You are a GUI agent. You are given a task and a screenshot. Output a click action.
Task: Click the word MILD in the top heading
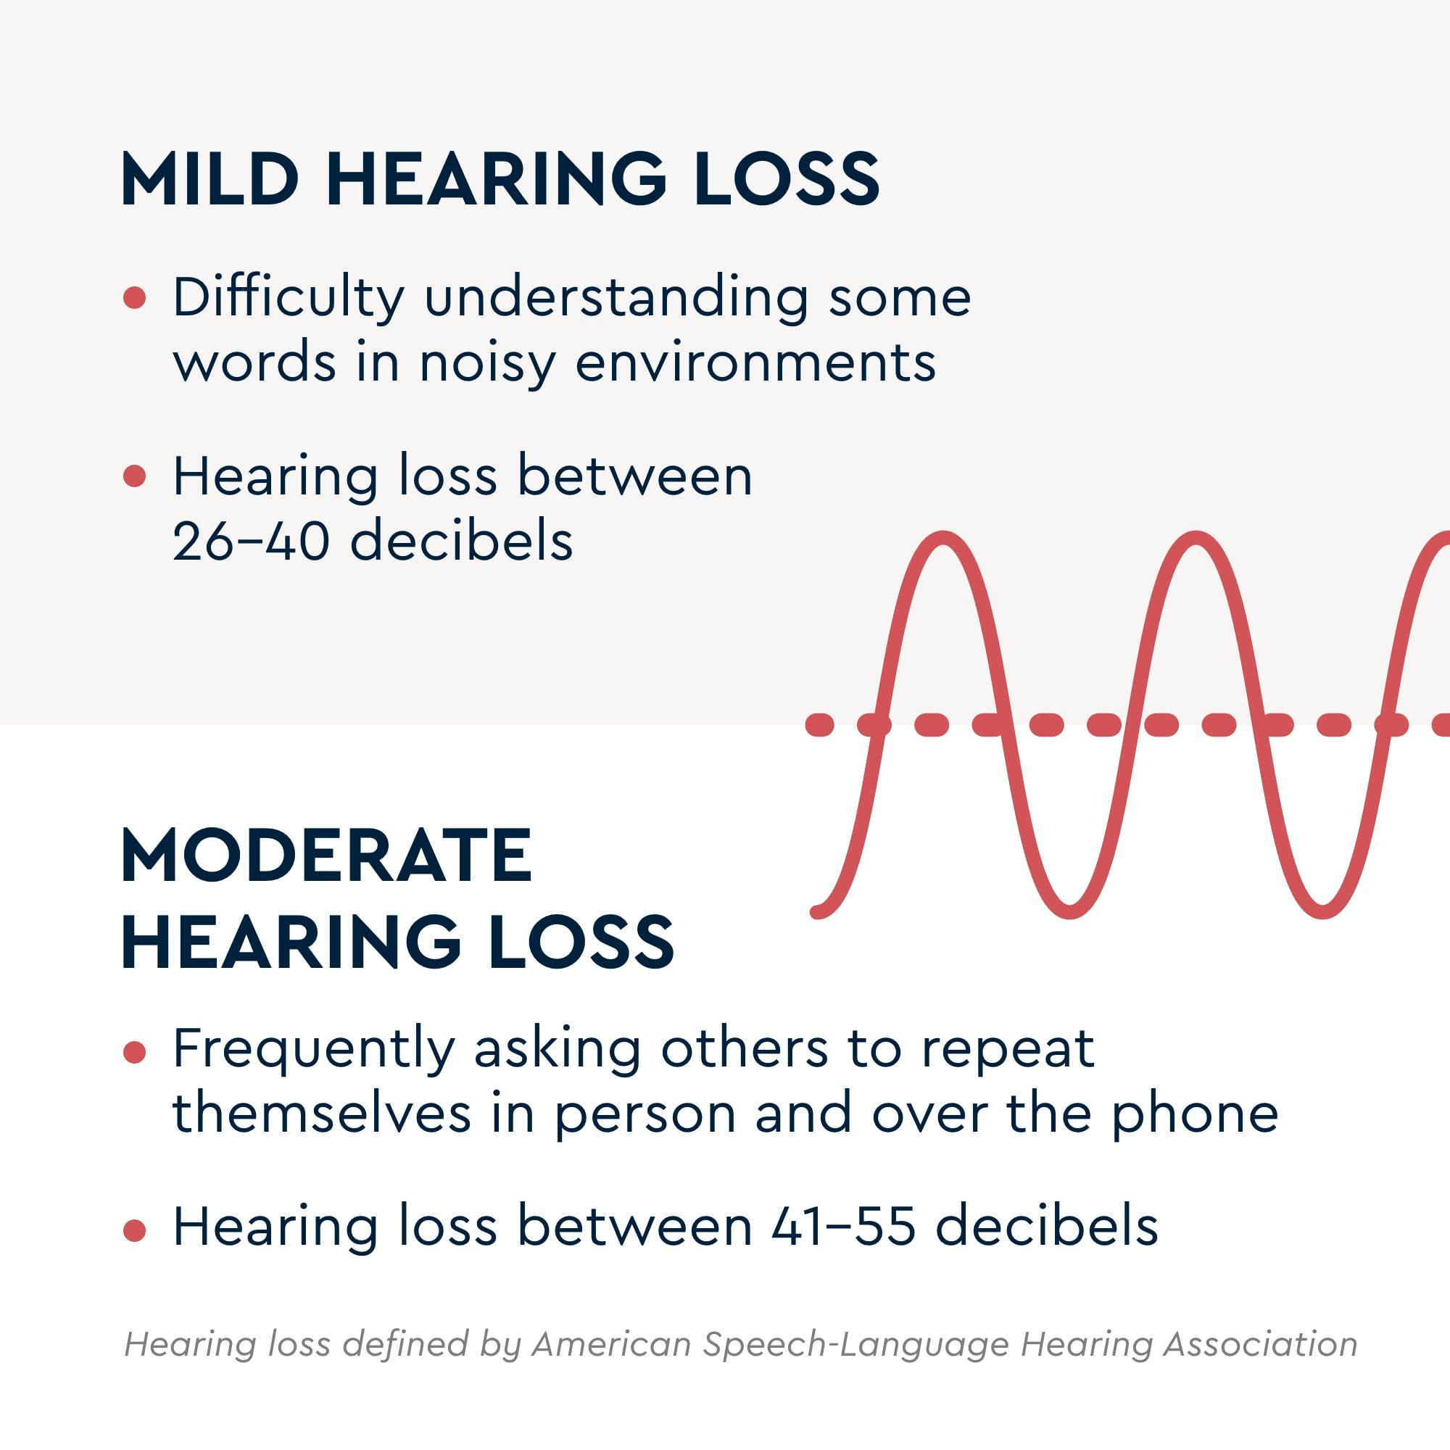click(210, 179)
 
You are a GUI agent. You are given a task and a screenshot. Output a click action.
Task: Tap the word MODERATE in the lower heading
click(326, 855)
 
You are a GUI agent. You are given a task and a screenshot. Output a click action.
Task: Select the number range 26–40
click(251, 540)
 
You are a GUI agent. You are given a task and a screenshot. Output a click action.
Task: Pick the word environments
click(755, 363)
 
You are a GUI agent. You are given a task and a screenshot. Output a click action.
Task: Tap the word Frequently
click(314, 1049)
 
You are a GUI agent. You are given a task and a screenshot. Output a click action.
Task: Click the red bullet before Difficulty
click(134, 298)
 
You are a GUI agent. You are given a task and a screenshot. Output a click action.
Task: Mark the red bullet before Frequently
click(134, 1053)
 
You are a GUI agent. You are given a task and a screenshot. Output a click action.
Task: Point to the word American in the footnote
click(611, 1344)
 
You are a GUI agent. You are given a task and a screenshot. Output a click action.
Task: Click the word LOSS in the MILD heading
click(787, 179)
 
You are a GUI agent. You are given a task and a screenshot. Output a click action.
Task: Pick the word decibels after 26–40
click(462, 540)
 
